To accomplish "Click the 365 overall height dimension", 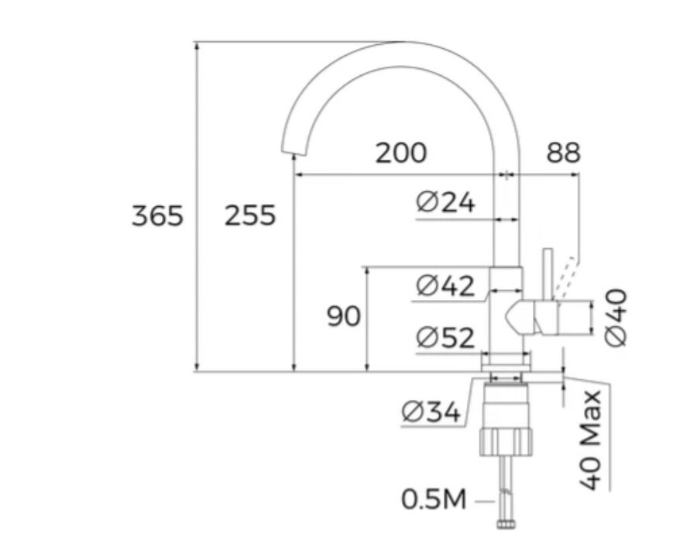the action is click(157, 215).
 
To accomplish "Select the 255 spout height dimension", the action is click(250, 215).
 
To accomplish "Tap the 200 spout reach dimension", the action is click(401, 153).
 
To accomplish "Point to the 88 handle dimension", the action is click(563, 153).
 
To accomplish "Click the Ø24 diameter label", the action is click(445, 202).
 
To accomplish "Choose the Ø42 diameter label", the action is click(445, 285).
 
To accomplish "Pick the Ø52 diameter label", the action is click(445, 338).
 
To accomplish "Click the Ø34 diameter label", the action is click(431, 413).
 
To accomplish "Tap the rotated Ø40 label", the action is click(615, 318).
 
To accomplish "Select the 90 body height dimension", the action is click(343, 316).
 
